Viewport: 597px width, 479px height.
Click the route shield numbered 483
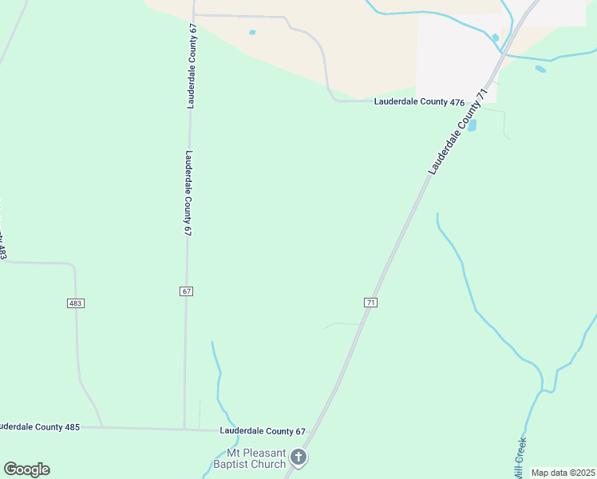76,303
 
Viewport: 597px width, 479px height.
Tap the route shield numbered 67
186,291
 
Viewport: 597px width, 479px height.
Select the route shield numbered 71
370,303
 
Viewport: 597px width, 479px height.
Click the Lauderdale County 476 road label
420,102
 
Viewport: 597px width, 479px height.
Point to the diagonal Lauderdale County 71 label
457,133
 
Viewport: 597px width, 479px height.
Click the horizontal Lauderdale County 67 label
263,431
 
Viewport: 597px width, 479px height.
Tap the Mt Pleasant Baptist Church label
249,458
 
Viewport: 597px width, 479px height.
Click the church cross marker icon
298,457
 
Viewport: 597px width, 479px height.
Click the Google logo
26,469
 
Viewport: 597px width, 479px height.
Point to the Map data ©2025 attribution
563,473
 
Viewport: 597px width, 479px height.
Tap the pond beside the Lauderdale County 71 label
472,125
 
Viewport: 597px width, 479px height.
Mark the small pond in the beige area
252,33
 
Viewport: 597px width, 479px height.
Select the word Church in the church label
267,464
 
